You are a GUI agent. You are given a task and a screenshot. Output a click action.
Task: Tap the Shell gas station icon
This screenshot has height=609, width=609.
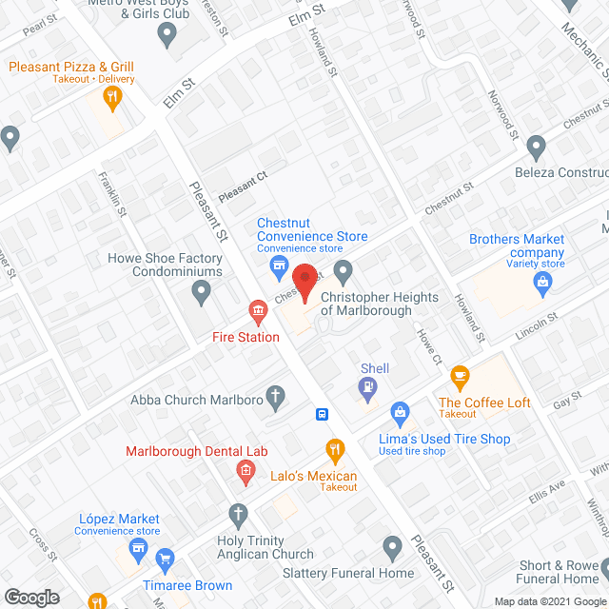(366, 387)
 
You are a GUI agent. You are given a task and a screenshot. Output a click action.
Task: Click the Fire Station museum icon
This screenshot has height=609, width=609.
(257, 310)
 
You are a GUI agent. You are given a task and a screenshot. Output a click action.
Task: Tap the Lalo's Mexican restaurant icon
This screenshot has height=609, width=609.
(335, 448)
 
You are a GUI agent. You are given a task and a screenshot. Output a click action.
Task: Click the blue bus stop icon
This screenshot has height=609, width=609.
(323, 414)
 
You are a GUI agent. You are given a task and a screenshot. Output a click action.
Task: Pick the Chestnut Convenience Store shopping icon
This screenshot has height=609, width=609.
(279, 264)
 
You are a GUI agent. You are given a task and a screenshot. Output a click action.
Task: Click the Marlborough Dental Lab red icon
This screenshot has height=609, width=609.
(246, 469)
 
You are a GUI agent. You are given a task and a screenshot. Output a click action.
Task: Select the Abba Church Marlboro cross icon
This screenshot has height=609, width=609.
(275, 398)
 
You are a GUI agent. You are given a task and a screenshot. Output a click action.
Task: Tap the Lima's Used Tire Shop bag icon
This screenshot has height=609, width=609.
(401, 412)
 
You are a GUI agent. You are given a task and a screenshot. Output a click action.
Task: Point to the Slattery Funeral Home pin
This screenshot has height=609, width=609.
(391, 547)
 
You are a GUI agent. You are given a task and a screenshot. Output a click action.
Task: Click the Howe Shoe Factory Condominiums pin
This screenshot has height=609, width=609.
(201, 293)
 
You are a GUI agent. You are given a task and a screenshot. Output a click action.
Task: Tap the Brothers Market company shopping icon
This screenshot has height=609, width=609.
(543, 281)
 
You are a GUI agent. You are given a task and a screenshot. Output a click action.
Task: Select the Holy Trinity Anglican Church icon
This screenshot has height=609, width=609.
(239, 515)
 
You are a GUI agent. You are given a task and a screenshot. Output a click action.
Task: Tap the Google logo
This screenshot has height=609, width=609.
(31, 597)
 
